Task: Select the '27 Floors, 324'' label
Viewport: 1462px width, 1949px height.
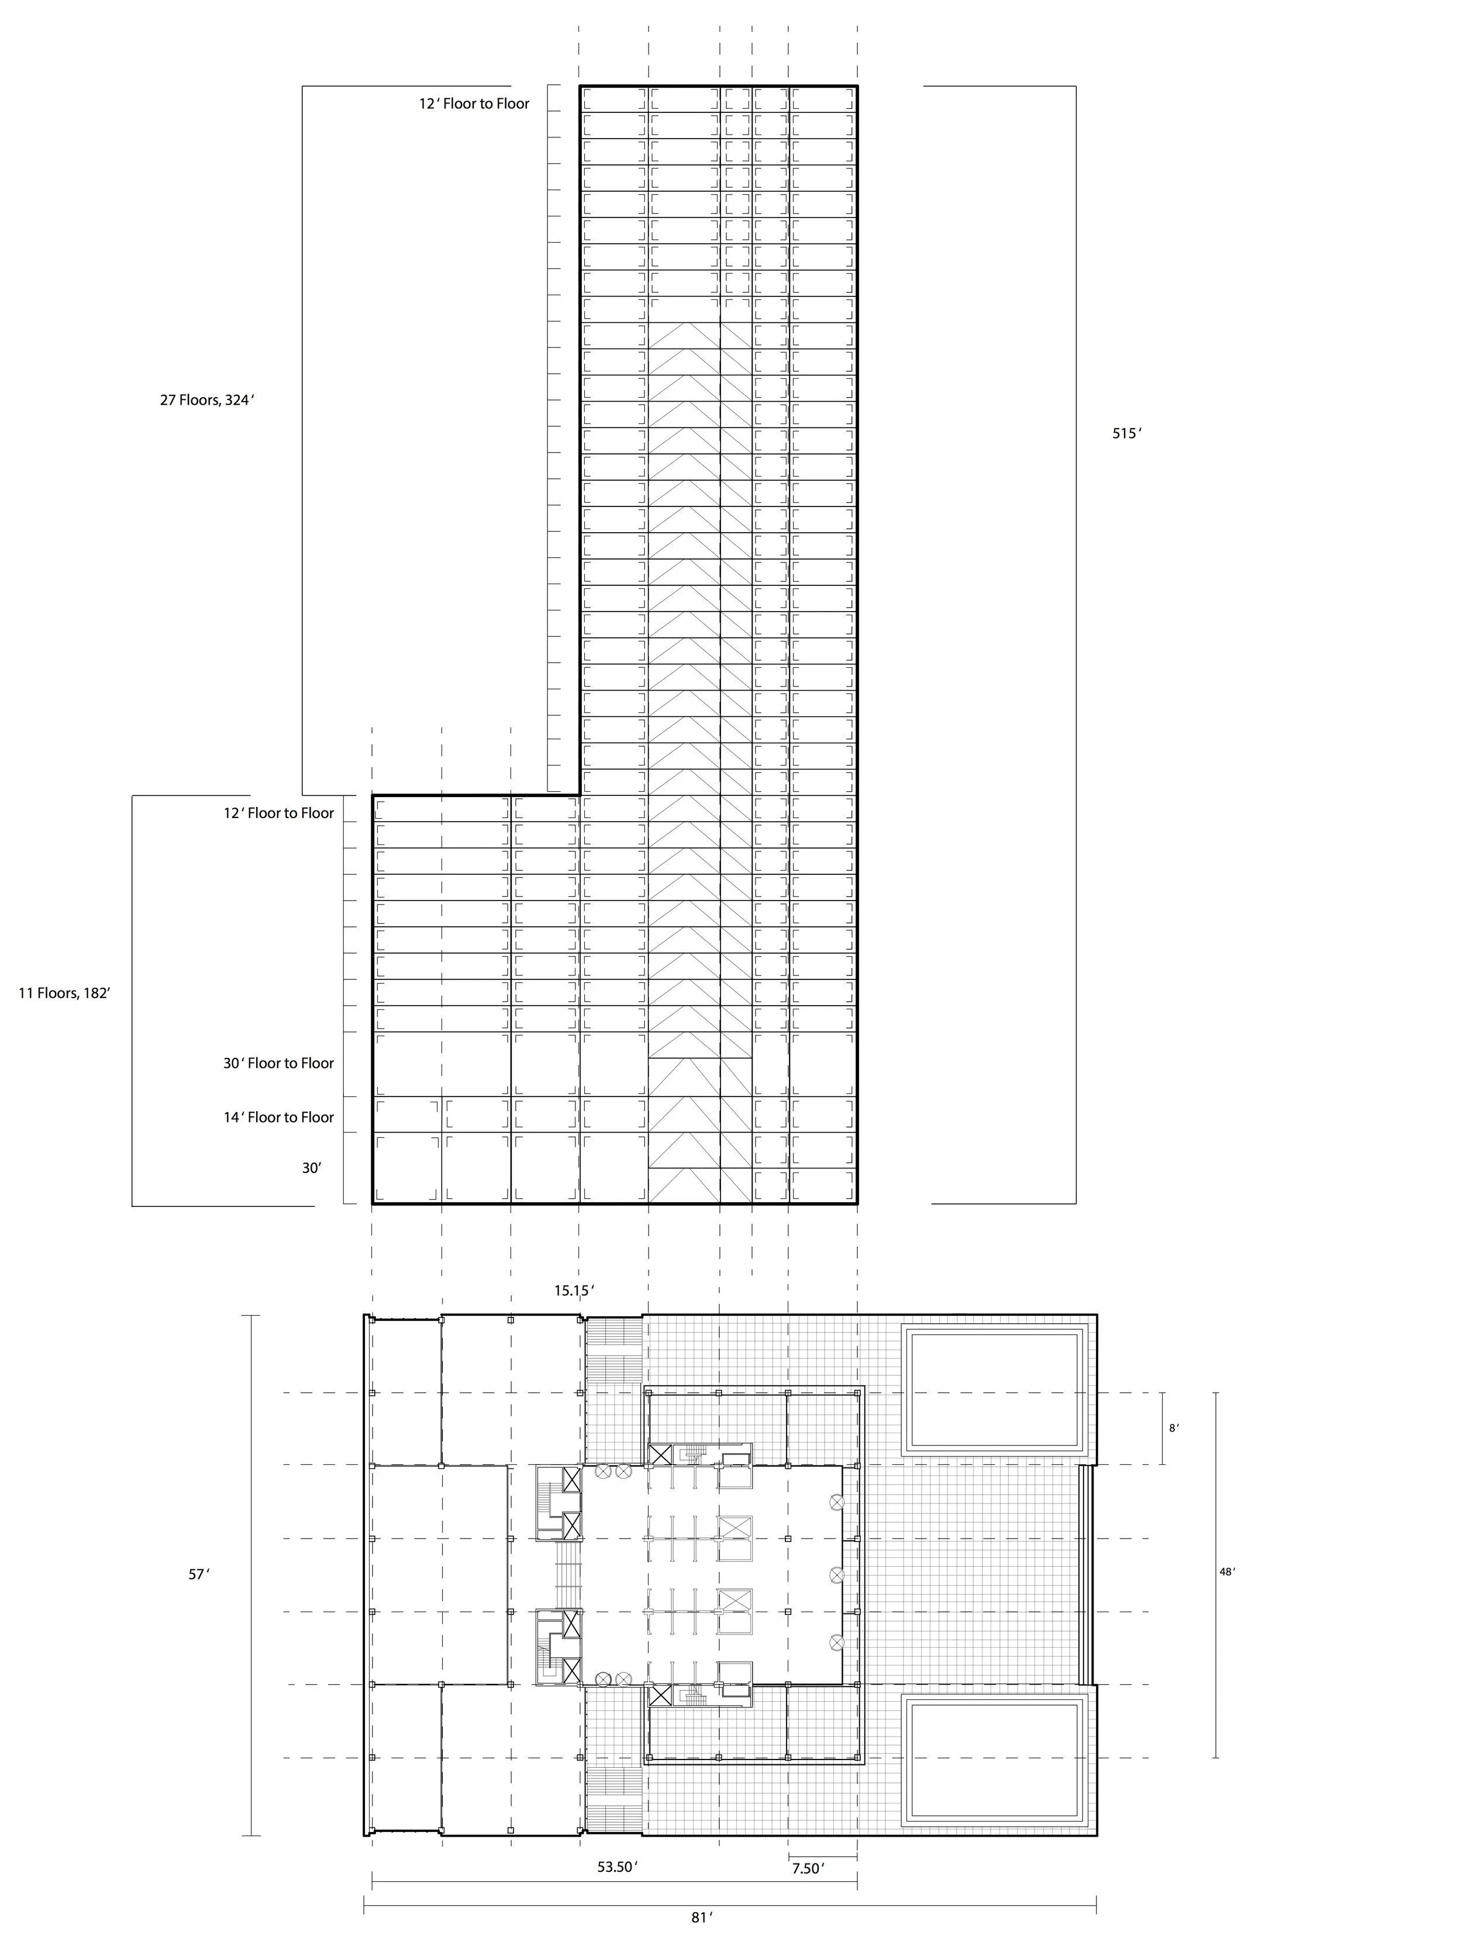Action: tap(206, 400)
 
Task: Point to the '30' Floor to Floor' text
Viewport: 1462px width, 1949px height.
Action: tap(278, 1064)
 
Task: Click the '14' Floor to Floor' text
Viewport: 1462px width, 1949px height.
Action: tap(278, 1117)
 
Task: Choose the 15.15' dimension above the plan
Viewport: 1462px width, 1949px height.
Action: tap(574, 1291)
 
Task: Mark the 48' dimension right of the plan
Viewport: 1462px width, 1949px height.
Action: tap(1227, 1571)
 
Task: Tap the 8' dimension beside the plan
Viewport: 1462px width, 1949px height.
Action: tap(1174, 1428)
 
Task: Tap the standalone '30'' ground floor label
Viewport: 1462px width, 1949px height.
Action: tap(311, 1168)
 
